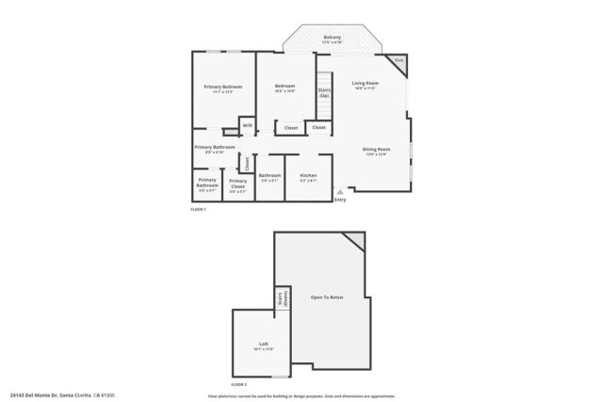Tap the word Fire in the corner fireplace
[x=399, y=60]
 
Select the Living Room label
[x=365, y=84]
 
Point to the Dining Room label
[x=376, y=149]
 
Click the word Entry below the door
[x=339, y=199]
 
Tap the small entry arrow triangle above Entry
[x=339, y=191]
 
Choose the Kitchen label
[x=308, y=175]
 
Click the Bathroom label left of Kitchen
[x=270, y=175]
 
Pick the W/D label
[x=247, y=125]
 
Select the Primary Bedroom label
[x=223, y=87]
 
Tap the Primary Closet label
[x=237, y=182]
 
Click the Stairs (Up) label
[x=323, y=92]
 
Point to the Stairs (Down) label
[x=281, y=300]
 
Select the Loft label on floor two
[x=264, y=344]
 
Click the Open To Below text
[x=327, y=297]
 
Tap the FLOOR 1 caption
[x=198, y=209]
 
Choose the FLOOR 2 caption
[x=238, y=385]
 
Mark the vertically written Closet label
[x=247, y=162]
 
